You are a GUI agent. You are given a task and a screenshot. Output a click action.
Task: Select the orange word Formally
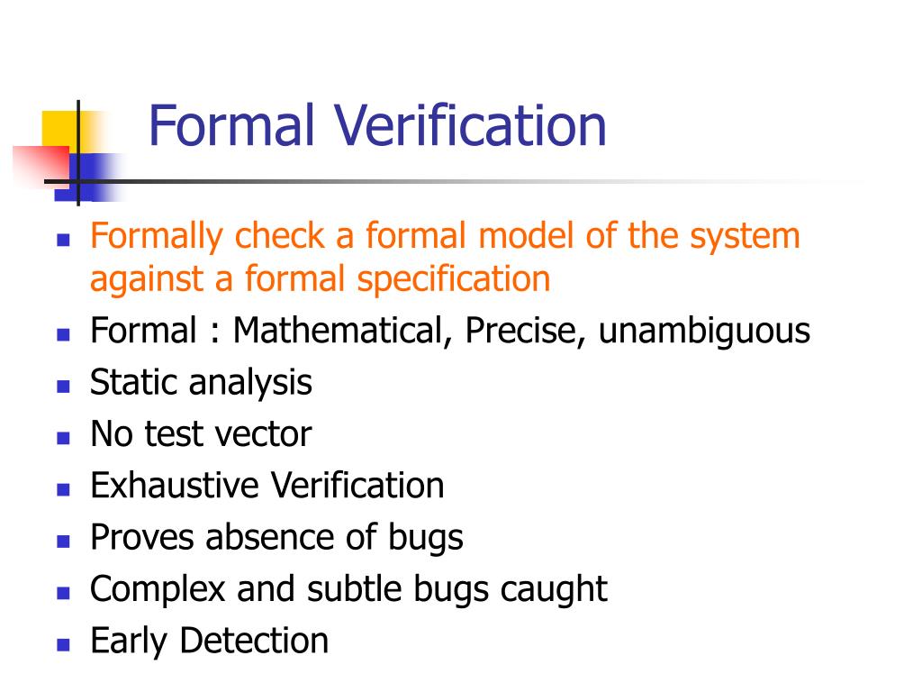click(156, 237)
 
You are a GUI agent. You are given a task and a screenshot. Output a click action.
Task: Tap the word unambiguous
click(705, 332)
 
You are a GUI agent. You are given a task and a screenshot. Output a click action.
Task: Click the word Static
click(135, 382)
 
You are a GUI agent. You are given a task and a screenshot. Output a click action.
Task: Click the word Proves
click(142, 538)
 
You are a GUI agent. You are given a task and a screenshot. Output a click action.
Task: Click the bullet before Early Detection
click(63, 644)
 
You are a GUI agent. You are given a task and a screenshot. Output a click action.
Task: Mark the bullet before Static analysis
click(63, 386)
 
